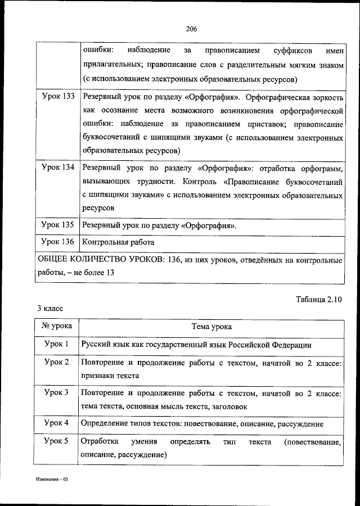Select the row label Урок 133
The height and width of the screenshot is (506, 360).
[58, 97]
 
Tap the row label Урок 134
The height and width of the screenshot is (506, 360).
[58, 168]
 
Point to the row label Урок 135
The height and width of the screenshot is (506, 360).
[58, 225]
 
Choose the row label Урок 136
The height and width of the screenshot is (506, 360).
[58, 242]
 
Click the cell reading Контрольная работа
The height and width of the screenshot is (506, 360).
[118, 242]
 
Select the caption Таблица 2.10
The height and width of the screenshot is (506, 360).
[318, 299]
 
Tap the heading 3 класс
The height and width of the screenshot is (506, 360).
[50, 309]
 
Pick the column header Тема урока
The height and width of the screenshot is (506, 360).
[211, 327]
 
